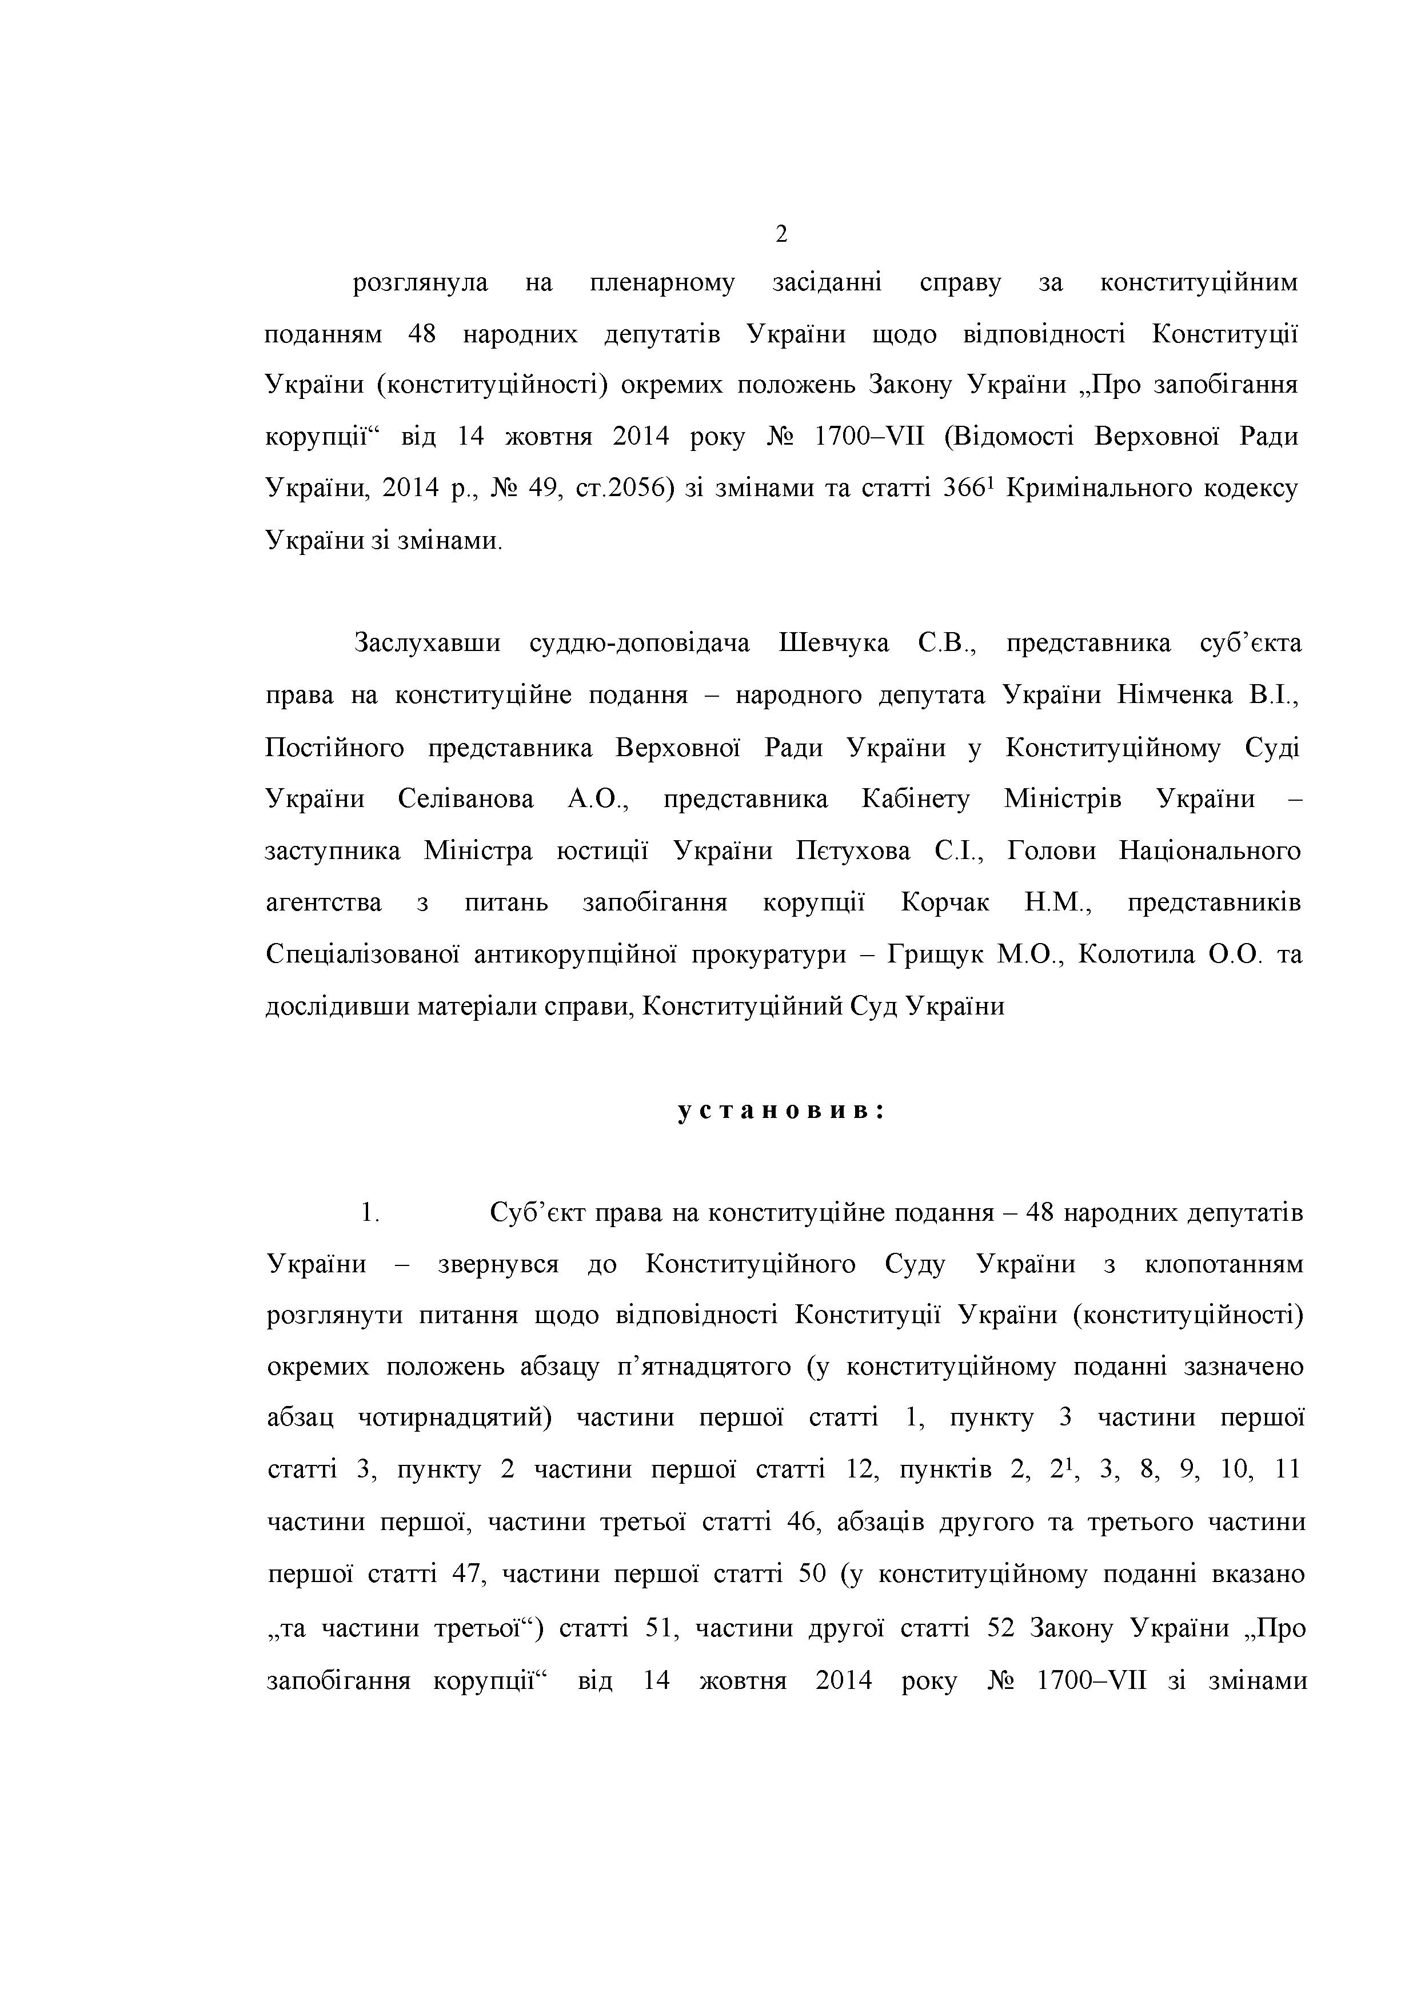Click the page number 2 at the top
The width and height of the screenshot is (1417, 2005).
tap(781, 234)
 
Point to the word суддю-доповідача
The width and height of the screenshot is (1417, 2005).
tap(639, 644)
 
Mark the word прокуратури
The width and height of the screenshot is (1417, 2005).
tap(768, 954)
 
